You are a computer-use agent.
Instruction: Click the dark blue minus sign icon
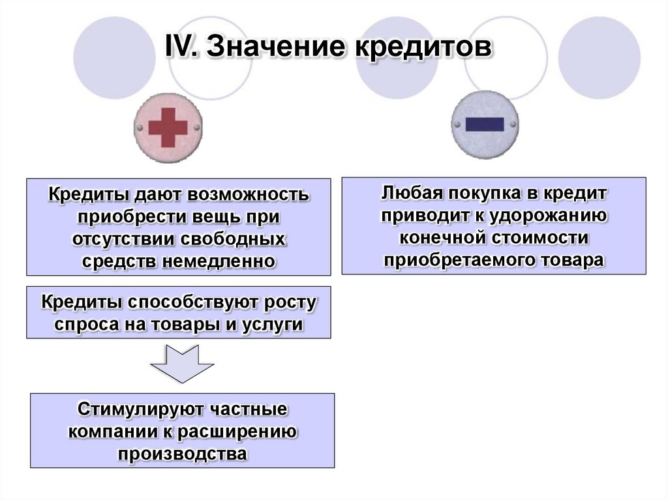pos(485,125)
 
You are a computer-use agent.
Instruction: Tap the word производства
pos(183,454)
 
